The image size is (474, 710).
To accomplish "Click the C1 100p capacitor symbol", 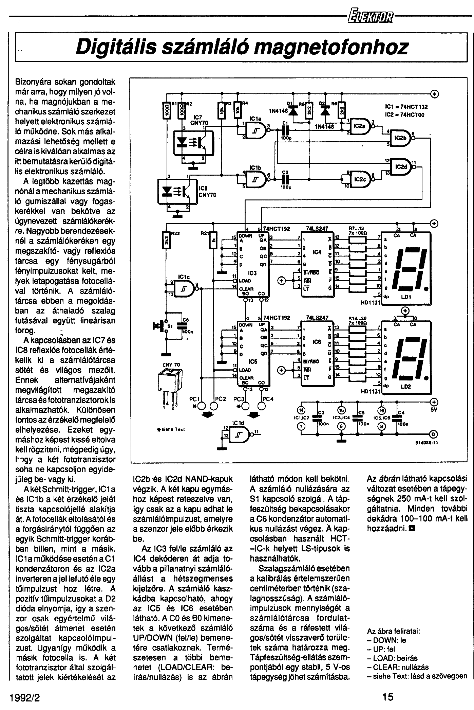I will (x=285, y=130).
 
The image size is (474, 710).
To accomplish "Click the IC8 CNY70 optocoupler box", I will (x=178, y=192).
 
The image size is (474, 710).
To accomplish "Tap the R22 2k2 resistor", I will (x=167, y=239).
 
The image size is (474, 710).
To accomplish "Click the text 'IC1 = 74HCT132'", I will (x=406, y=107).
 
